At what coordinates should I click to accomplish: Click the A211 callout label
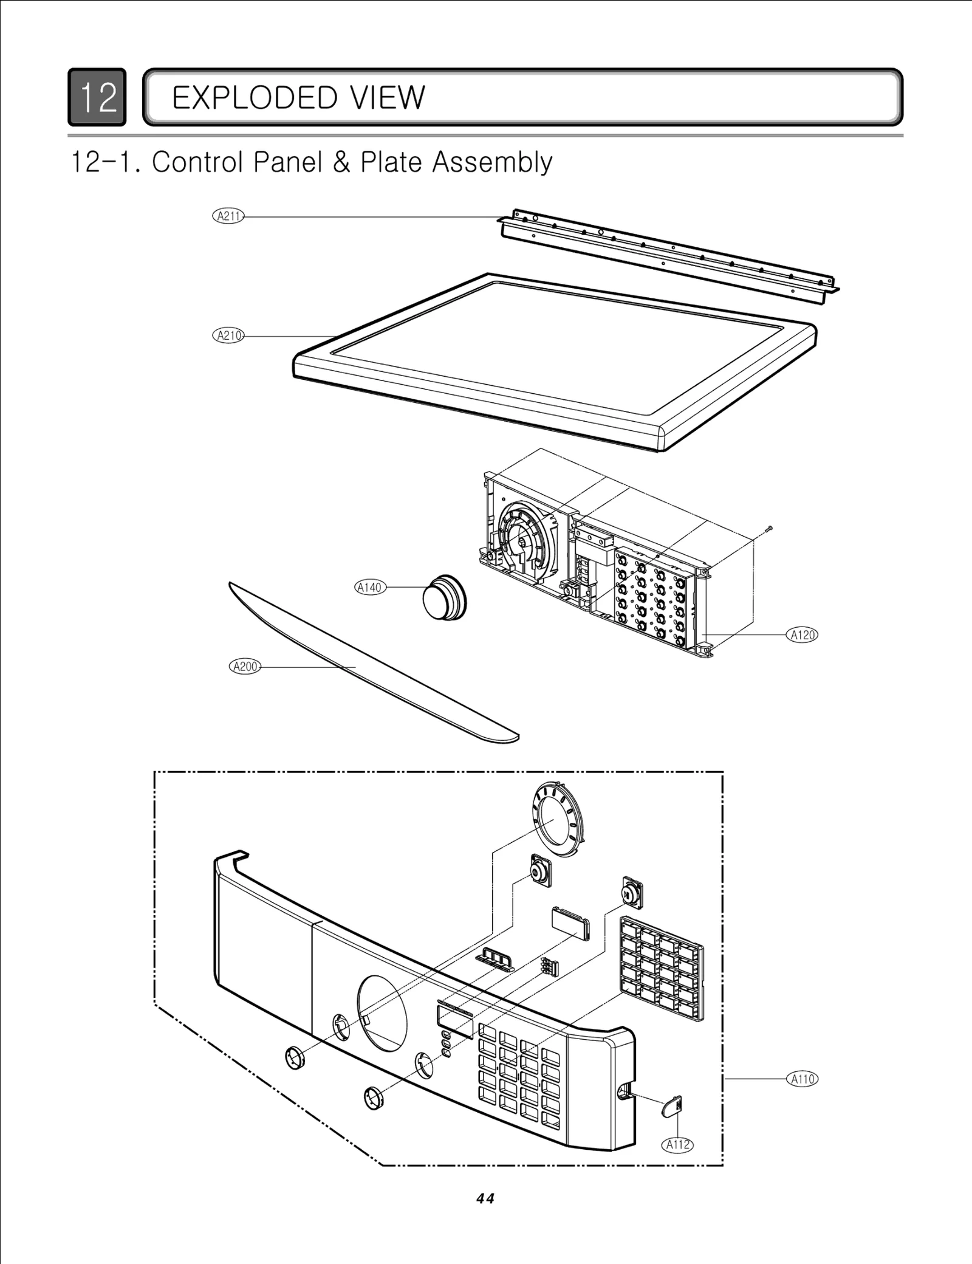(x=228, y=216)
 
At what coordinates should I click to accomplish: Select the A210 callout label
(x=228, y=335)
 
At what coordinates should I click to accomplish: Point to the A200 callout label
(x=245, y=667)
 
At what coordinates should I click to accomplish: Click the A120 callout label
(x=802, y=635)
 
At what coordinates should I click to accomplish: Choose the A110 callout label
(x=802, y=1079)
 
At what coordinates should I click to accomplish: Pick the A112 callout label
(x=677, y=1145)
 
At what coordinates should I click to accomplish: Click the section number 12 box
(x=97, y=97)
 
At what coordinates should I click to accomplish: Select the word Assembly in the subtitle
(x=492, y=162)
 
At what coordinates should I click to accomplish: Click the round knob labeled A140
(x=444, y=597)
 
